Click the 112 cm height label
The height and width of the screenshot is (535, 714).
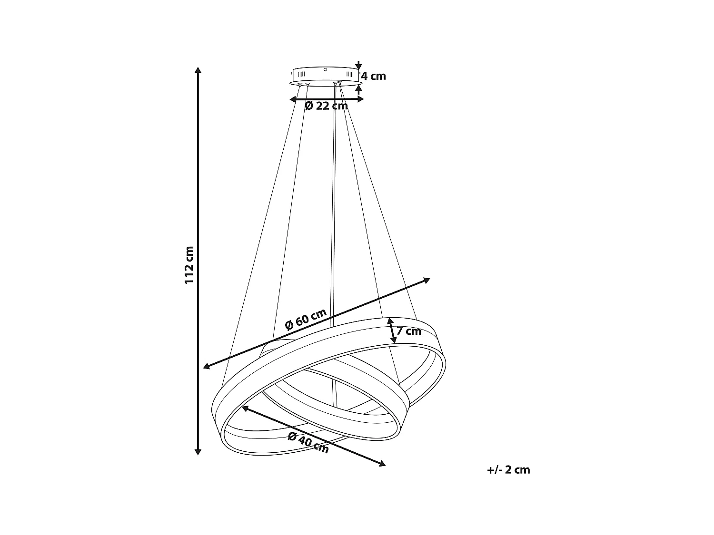189,265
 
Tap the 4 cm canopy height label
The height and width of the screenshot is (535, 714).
373,76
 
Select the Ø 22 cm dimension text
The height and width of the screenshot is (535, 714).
327,106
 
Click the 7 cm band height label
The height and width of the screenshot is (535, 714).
409,331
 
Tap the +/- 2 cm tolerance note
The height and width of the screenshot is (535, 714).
508,470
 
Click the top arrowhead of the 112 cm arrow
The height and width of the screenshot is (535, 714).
198,70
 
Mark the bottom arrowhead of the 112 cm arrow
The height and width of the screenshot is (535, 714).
198,452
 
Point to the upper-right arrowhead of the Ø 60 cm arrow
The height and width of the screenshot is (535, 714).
426,280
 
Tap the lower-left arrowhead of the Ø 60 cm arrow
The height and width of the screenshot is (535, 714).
207,366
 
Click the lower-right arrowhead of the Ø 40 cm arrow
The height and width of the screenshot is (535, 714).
382,464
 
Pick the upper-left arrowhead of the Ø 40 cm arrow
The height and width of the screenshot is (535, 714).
245,408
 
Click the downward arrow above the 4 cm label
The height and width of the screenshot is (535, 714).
359,66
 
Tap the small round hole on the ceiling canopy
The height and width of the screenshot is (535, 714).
325,69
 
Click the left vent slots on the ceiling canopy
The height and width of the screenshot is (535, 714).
301,75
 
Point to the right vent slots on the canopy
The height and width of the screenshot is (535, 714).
350,75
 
